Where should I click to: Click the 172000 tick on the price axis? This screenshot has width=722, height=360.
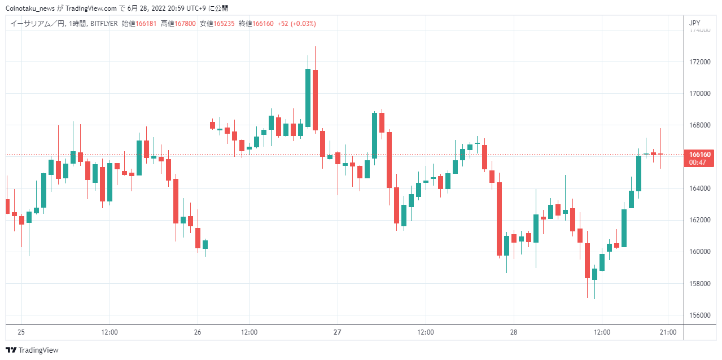(x=700, y=62)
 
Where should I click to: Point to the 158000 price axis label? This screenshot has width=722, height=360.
(x=700, y=284)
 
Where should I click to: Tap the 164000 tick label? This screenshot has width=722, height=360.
(x=700, y=188)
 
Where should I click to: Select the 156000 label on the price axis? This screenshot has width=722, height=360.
(x=700, y=315)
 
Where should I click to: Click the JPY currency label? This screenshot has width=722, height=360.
(x=694, y=23)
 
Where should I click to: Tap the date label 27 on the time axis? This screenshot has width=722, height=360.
(x=337, y=332)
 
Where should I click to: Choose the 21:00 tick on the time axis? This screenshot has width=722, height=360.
(x=668, y=332)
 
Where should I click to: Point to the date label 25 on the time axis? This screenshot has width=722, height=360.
(x=21, y=332)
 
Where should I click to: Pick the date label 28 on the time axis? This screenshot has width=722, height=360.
(x=514, y=332)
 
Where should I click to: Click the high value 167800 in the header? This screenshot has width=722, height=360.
(x=185, y=24)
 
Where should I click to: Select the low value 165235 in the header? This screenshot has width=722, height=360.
(x=224, y=24)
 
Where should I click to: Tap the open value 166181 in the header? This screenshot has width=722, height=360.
(x=146, y=24)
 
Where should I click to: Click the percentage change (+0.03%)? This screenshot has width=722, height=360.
(x=303, y=24)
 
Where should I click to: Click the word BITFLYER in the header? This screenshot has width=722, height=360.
(x=104, y=24)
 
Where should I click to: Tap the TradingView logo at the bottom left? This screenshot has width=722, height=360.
(x=32, y=350)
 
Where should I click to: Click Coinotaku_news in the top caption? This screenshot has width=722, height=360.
(x=30, y=8)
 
